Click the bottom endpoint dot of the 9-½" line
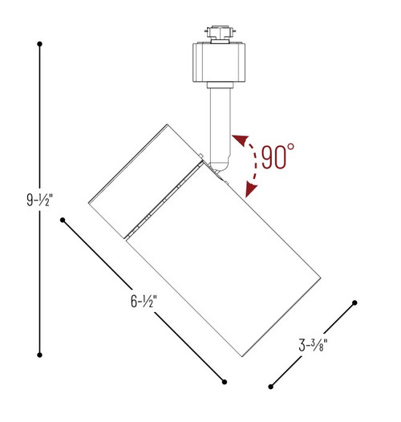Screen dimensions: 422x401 40,354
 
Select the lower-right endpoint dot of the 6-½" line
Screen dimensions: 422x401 225,381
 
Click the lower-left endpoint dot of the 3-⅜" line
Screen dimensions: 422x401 271,388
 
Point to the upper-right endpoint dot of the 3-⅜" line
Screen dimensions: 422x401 354,303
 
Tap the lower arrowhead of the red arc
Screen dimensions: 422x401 249,192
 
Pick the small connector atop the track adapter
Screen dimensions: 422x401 218,33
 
